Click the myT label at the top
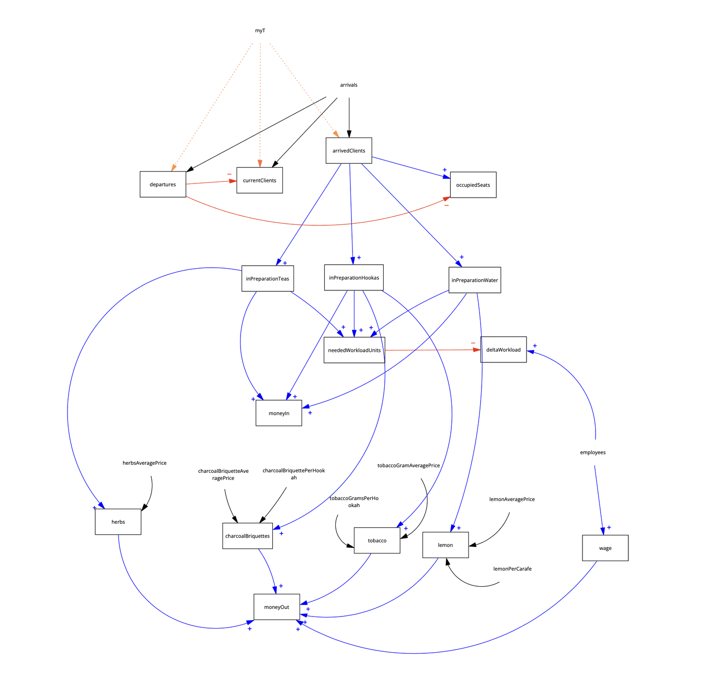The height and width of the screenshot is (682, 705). (260, 31)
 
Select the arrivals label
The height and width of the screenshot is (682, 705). (348, 85)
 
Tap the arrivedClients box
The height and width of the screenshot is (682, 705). (348, 151)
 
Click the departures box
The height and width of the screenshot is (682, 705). (163, 184)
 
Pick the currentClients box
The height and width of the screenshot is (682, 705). (260, 180)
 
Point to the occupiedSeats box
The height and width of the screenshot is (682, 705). (473, 185)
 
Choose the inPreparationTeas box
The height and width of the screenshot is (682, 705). (267, 279)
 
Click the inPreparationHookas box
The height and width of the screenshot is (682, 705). (354, 278)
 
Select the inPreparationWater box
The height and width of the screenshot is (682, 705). (475, 280)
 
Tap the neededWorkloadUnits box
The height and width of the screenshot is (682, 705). (354, 350)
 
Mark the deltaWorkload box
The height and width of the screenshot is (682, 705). (503, 350)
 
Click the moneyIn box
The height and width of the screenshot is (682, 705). (279, 413)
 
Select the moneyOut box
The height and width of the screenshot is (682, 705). (277, 607)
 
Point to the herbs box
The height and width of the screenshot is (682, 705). (118, 522)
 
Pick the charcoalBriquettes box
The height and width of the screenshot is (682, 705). (248, 536)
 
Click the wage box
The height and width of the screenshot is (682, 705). (605, 548)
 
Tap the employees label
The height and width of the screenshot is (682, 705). (593, 453)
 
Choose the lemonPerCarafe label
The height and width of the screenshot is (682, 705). (512, 569)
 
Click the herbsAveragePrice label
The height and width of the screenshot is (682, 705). (144, 463)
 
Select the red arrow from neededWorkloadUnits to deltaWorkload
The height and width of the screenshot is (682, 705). (433, 350)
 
